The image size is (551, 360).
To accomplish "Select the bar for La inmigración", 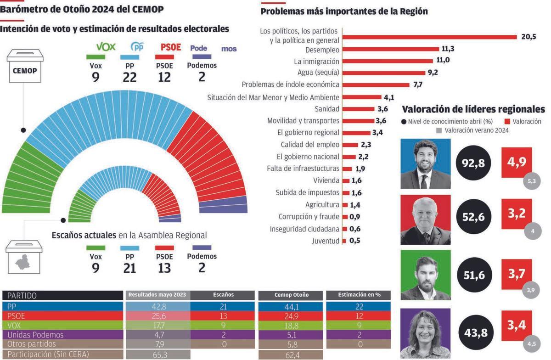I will pos(388,61).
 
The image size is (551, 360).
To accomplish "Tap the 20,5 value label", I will pos(529,37).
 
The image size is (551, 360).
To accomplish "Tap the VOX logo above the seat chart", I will pos(105,47).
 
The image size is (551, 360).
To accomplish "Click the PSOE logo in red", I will pos(171,47).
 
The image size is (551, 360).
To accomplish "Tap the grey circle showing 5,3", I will pos(532,181).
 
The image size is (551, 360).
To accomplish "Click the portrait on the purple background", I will pos(425,333).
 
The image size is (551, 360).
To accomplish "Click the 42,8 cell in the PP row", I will pos(157,306).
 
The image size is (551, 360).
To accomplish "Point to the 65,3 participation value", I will pos(157,354).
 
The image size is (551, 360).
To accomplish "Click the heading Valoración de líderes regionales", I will pos(473,109).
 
